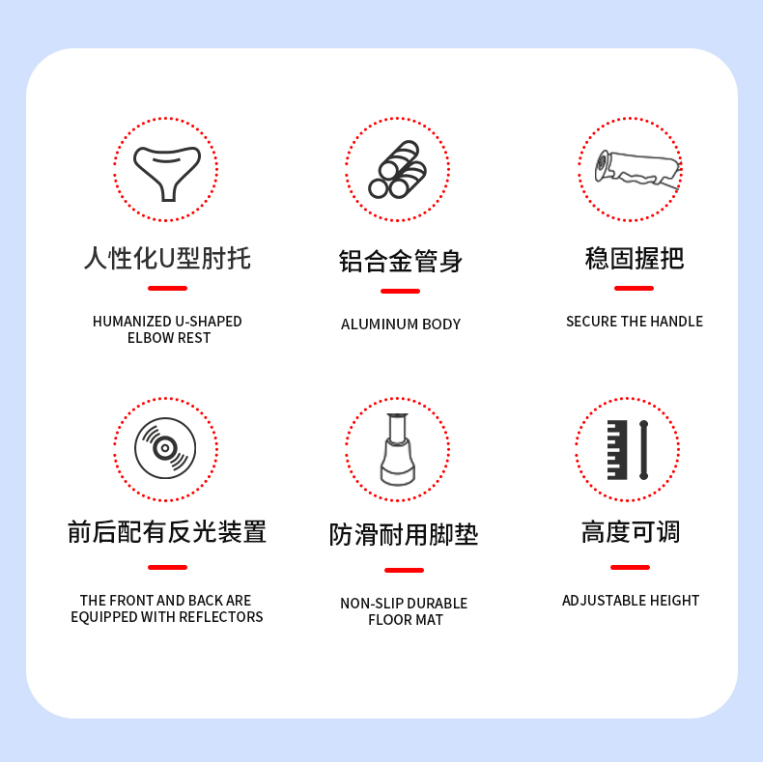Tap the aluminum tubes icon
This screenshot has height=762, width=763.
coord(398,169)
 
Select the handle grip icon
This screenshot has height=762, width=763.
coord(637,169)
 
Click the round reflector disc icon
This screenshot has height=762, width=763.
coord(165,448)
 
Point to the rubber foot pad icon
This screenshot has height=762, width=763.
coord(398,449)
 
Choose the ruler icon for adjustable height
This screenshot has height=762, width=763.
coord(628,450)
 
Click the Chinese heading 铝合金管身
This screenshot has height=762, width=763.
coord(401,262)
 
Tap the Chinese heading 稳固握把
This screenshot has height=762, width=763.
coord(634,258)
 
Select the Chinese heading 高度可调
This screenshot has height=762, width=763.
coord(631,532)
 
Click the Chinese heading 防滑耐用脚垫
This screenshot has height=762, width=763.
coord(404,535)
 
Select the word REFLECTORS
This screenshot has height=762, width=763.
coord(221,617)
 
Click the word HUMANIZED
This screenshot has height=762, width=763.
coord(131,322)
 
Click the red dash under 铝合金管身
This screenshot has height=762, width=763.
coord(400,291)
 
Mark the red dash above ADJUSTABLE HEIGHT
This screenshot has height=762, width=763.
coord(630,567)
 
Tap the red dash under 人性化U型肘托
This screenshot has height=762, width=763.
coord(167,288)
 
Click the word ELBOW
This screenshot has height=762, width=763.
coord(149,338)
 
